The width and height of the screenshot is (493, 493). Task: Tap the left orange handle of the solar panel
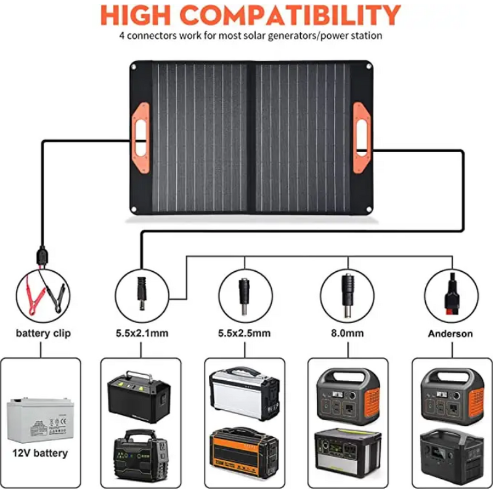point(141,129)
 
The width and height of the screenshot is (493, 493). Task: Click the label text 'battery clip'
point(43,333)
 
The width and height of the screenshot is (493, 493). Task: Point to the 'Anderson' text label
point(450,333)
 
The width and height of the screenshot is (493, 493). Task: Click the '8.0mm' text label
point(347,333)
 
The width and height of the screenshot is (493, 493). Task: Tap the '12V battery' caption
point(40,454)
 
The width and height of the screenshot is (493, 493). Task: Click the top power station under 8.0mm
point(347,394)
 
